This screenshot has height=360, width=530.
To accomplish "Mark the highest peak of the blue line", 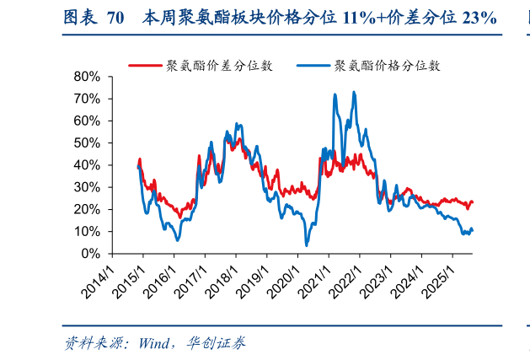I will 353,92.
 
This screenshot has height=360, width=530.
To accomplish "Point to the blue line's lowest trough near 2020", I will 307,244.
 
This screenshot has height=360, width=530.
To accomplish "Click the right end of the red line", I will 473,202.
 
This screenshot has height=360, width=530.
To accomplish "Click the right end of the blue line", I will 473,230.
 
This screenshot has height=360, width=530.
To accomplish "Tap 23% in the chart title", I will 477,18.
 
